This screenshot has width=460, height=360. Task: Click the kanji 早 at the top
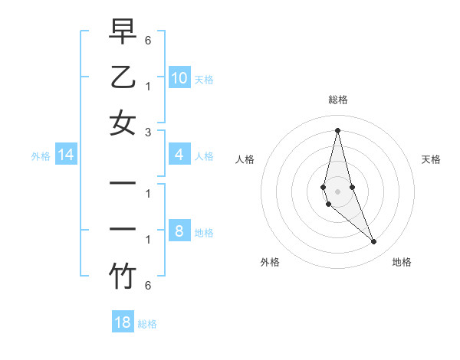pos(123,32)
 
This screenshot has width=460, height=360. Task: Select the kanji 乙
pos(123,77)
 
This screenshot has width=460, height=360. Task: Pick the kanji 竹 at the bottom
pos(123,277)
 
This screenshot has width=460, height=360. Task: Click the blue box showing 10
pos(179,77)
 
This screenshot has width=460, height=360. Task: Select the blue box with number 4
pos(179,155)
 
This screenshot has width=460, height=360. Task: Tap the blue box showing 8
pos(179,232)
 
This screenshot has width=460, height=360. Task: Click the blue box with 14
pos(66,155)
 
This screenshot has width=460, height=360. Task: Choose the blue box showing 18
pos(123,322)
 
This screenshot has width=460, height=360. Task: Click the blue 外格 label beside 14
pos(41,156)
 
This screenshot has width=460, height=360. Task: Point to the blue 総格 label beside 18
pos(147,323)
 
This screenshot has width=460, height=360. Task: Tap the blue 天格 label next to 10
pos(204,79)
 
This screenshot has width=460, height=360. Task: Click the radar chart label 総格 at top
pos(337,100)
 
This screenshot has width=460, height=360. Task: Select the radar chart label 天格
pos(431,159)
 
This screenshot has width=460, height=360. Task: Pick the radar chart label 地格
pos(402,262)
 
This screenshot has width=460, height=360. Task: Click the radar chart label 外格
pos(270,262)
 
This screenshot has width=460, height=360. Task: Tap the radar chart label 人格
pos(245,159)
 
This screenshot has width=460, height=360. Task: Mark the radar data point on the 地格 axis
pos(374,242)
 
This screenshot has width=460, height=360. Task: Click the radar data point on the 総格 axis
pos(337,130)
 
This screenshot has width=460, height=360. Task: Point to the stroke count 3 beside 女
pos(148,132)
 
